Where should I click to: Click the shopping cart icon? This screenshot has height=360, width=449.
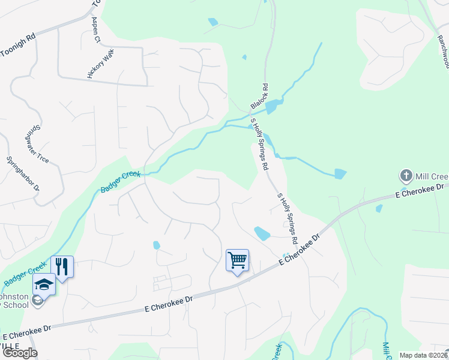click(238, 260)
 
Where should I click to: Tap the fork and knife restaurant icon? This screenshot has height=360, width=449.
click(62, 265)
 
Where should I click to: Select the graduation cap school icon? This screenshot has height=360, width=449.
click(44, 284)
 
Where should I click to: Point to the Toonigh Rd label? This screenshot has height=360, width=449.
click(18, 44)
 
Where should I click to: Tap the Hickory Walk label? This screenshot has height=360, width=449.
click(100, 64)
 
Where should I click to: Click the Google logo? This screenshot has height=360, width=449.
click(20, 352)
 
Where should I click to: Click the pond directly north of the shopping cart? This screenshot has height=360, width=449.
click(262, 233)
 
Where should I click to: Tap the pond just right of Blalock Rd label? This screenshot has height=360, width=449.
click(274, 106)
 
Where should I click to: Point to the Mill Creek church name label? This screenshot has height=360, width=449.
click(432, 176)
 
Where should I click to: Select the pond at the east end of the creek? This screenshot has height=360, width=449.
click(340, 174)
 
